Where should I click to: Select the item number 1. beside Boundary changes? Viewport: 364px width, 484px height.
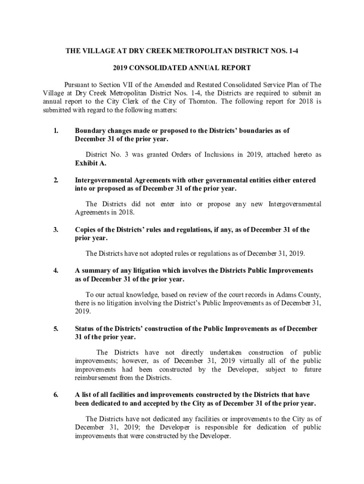click(x=56, y=131)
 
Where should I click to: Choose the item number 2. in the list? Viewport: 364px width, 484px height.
click(x=56, y=180)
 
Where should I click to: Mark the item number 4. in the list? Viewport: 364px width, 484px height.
click(x=56, y=271)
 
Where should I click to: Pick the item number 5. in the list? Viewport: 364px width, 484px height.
click(x=56, y=328)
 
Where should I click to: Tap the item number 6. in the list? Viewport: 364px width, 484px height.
click(x=56, y=395)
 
